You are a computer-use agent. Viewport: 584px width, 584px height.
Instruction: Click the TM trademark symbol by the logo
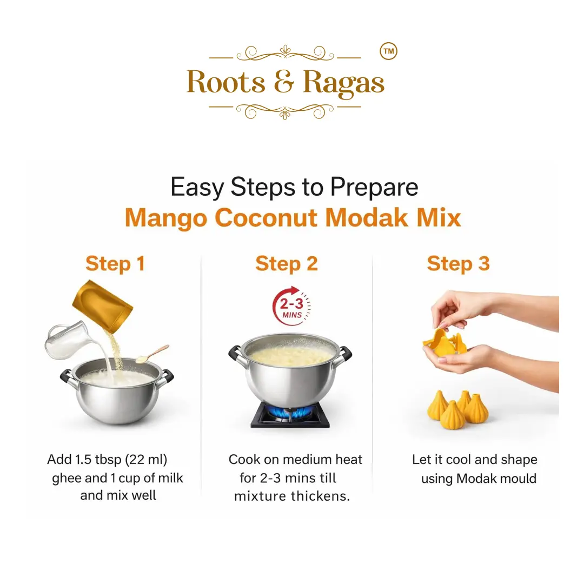(388, 51)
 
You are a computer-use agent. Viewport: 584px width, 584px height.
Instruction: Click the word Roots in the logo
(226, 82)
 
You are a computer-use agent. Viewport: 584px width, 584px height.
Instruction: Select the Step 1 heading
(115, 264)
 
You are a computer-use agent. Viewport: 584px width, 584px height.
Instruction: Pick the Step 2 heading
(287, 264)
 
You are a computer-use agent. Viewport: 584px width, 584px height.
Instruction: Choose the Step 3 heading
(458, 264)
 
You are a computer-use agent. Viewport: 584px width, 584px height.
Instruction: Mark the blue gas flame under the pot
(290, 412)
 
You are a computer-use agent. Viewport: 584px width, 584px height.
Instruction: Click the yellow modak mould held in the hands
(445, 342)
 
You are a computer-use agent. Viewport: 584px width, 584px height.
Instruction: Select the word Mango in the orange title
(166, 218)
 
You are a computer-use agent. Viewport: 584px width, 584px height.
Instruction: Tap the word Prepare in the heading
(374, 187)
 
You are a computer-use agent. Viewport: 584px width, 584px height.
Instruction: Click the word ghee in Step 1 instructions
(66, 478)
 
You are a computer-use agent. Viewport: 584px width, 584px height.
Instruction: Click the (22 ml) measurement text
(146, 460)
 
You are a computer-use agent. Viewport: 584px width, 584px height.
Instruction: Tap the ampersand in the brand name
(284, 82)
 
